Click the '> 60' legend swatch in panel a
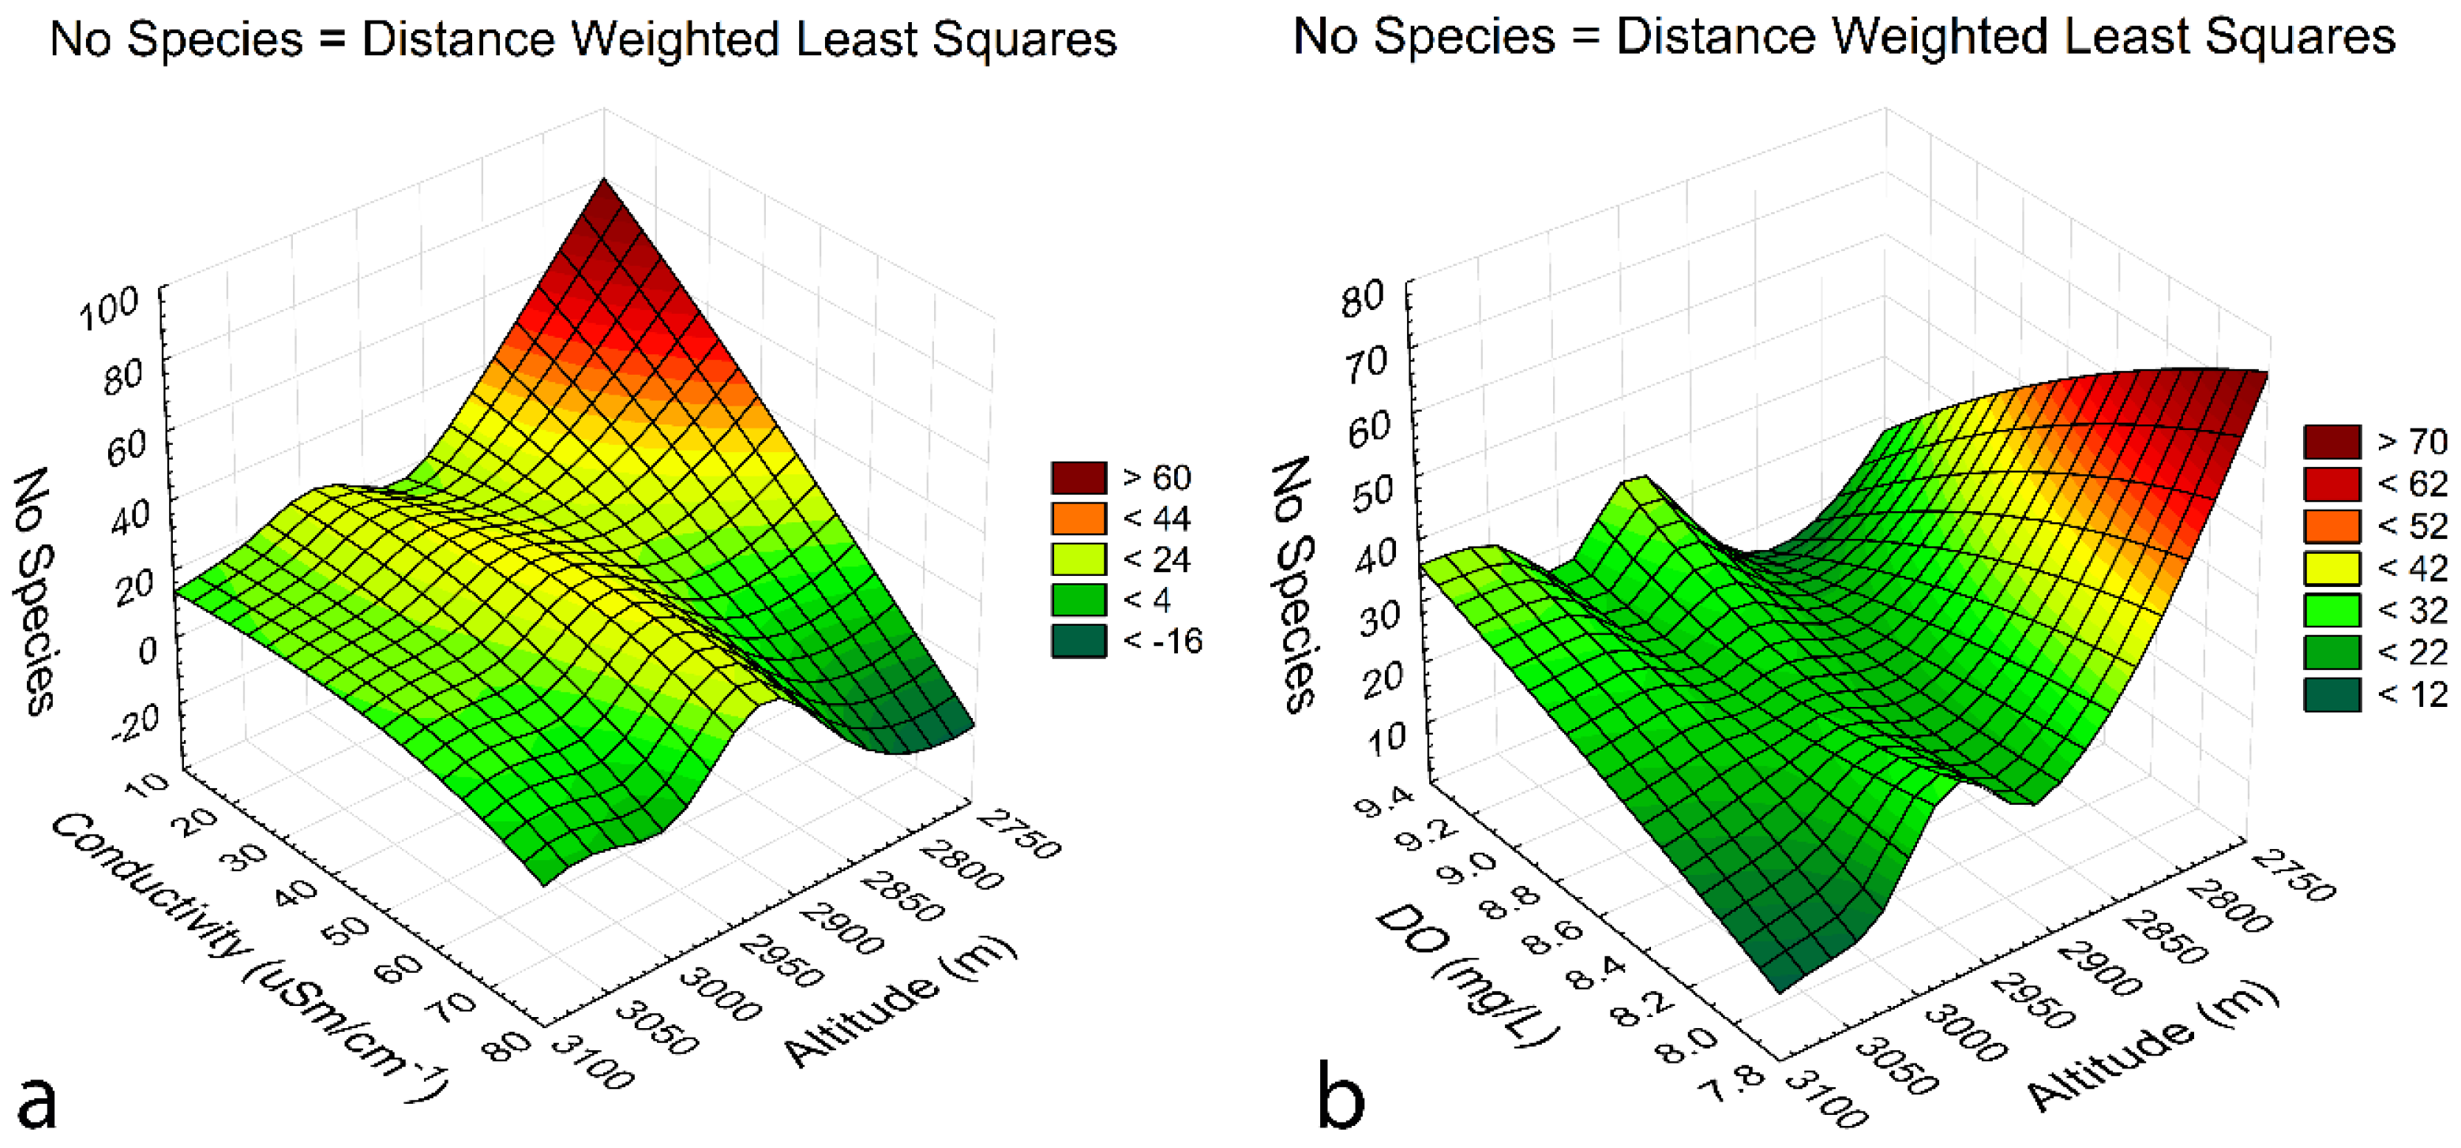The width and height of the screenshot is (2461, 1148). tap(1079, 477)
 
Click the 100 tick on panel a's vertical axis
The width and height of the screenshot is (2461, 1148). tap(108, 309)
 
